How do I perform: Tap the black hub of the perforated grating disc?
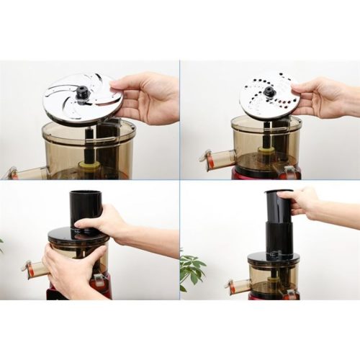click(270, 92)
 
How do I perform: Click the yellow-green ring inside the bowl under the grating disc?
click(266, 153)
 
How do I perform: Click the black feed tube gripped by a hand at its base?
click(84, 208)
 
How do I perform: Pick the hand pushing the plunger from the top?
click(302, 201)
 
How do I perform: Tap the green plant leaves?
click(191, 269)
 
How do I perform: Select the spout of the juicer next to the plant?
click(237, 285)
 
